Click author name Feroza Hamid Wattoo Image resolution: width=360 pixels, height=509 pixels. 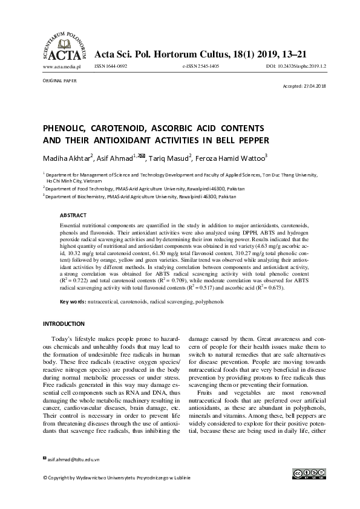click(x=232, y=158)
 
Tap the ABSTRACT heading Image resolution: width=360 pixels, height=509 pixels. click(x=73, y=215)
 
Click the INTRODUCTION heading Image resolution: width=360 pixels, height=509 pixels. click(x=64, y=324)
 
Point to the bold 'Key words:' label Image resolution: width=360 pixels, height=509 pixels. click(x=73, y=302)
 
